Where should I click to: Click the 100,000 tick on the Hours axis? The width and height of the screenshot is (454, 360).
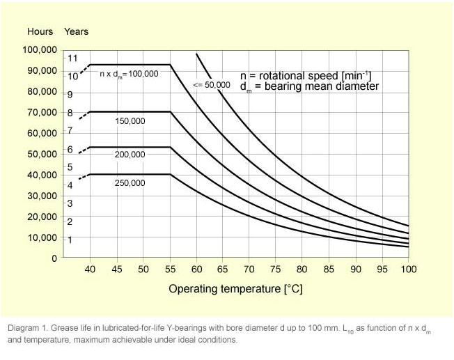click(42, 50)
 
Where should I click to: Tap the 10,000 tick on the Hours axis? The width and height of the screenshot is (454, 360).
click(44, 237)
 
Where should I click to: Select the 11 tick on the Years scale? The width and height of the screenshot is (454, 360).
click(72, 58)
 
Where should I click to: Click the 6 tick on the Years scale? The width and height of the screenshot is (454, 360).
click(70, 150)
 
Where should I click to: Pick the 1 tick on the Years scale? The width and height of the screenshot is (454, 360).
click(70, 240)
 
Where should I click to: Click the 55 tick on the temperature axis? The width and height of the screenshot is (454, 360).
click(170, 269)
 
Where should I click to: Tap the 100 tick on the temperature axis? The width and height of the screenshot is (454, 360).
click(408, 269)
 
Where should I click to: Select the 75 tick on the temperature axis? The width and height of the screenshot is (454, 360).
click(276, 269)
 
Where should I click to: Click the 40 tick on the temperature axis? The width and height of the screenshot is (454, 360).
click(91, 269)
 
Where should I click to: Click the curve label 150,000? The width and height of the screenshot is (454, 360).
click(130, 121)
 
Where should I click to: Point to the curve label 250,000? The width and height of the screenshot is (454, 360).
click(130, 183)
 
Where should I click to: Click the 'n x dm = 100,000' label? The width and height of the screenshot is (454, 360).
click(129, 73)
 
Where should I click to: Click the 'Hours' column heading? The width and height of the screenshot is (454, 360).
click(40, 31)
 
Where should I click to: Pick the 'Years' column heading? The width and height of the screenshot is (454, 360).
click(76, 31)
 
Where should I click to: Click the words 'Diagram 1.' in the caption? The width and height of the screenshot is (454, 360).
click(28, 328)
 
